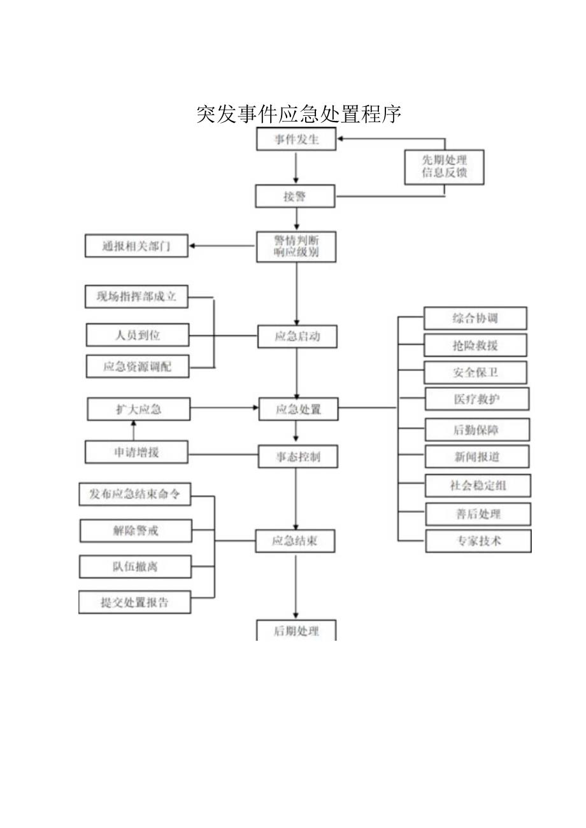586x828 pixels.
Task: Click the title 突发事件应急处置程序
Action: pyautogui.click(x=299, y=114)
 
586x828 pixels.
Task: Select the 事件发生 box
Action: pyautogui.click(x=296, y=139)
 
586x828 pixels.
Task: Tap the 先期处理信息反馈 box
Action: pyautogui.click(x=444, y=167)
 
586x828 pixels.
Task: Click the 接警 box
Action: pyautogui.click(x=295, y=196)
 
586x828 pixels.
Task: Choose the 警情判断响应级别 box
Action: pyautogui.click(x=296, y=246)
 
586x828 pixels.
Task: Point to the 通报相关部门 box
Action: pyautogui.click(x=136, y=246)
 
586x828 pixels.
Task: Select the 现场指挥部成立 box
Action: pyautogui.click(x=136, y=297)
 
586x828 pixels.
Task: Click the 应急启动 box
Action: pyautogui.click(x=297, y=336)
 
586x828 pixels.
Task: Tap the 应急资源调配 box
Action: pyautogui.click(x=138, y=366)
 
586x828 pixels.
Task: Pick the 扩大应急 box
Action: pyautogui.click(x=138, y=409)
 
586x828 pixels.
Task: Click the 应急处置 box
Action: pyautogui.click(x=297, y=409)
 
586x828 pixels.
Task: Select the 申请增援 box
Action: pyautogui.click(x=136, y=452)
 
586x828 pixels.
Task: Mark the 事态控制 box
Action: pyautogui.click(x=297, y=456)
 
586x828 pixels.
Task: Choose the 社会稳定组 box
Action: pyautogui.click(x=478, y=485)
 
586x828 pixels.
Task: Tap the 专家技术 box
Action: pyautogui.click(x=478, y=540)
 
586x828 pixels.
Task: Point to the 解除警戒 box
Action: pyautogui.click(x=135, y=530)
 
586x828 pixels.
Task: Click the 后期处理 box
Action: pyautogui.click(x=296, y=630)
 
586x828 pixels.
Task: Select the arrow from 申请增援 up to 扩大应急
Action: pyautogui.click(x=133, y=430)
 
